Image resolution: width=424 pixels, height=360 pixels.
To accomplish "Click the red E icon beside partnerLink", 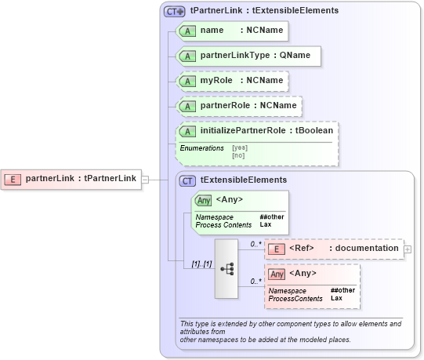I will coord(13,179).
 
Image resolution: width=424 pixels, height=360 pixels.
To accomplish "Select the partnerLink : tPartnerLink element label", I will coord(81,179).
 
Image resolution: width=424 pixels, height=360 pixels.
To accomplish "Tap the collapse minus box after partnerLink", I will coord(145,179).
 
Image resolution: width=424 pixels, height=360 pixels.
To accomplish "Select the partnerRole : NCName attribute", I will coord(239,106).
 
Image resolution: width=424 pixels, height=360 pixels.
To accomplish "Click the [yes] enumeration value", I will coord(240,147).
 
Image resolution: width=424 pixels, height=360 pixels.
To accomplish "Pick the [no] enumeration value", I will coord(238,155).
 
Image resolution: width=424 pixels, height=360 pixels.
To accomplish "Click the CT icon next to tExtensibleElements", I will coord(188,180).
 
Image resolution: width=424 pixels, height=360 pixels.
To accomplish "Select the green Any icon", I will coord(203,200).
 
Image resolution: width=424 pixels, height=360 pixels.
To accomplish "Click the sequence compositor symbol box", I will coord(226,268).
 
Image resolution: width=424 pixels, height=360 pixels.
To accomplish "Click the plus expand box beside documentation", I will coord(408,249).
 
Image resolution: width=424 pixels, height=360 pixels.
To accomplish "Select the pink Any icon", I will coord(277,275).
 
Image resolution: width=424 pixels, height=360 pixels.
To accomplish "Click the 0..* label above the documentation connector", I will coord(252,244).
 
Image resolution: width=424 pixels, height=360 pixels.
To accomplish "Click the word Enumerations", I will coord(201,147).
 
